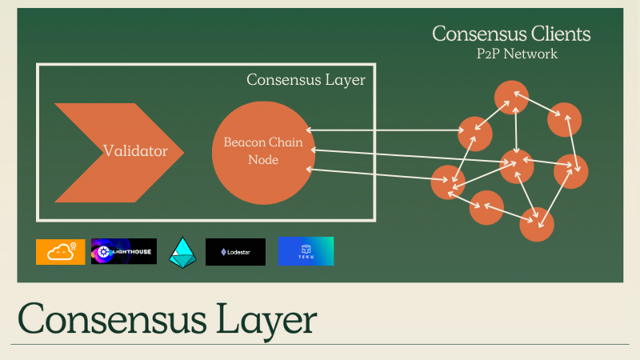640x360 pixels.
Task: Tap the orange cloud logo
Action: [x=61, y=251]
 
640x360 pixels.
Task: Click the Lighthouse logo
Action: [x=124, y=251]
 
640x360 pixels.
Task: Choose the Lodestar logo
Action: [x=235, y=251]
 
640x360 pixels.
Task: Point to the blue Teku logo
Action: [x=306, y=251]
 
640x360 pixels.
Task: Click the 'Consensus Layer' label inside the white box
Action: [x=306, y=80]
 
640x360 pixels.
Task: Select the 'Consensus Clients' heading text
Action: [x=511, y=34]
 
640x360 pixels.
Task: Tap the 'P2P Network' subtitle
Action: [x=511, y=54]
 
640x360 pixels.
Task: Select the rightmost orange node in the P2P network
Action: [x=571, y=171]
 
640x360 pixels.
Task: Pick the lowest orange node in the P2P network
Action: [x=537, y=224]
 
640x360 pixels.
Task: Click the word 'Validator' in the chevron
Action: [x=135, y=150]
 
